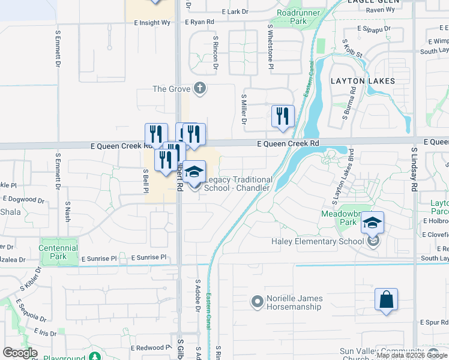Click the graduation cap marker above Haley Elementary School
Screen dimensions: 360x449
pyautogui.click(x=372, y=223)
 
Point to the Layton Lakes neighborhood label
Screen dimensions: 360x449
pyautogui.click(x=363, y=81)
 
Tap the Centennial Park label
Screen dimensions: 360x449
pyautogui.click(x=58, y=251)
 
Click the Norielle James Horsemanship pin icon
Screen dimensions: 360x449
pyautogui.click(x=258, y=302)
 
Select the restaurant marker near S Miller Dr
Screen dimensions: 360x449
pyautogui.click(x=283, y=116)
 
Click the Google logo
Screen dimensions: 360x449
pyautogui.click(x=20, y=352)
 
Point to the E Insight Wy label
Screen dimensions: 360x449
pyautogui.click(x=152, y=22)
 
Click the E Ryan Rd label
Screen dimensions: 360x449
pyautogui.click(x=199, y=22)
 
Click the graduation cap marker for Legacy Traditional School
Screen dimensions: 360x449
pyautogui.click(x=194, y=172)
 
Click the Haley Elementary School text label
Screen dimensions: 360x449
pyautogui.click(x=317, y=242)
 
